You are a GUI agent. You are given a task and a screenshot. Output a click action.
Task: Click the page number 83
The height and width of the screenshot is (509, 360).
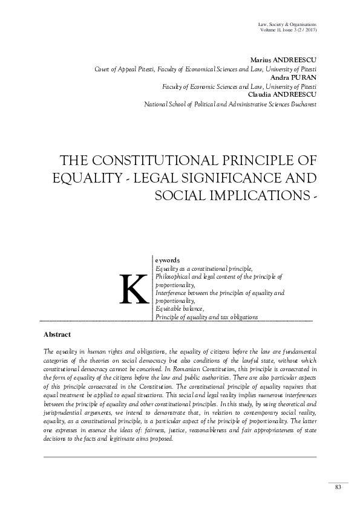tap(338, 488)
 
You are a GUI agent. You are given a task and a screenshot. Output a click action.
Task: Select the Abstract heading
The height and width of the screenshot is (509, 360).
tap(57, 334)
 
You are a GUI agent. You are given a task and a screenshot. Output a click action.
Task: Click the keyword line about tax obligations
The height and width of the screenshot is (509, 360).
tap(206, 317)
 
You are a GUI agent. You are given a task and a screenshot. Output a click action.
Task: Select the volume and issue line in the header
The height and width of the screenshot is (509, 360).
tap(287, 30)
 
